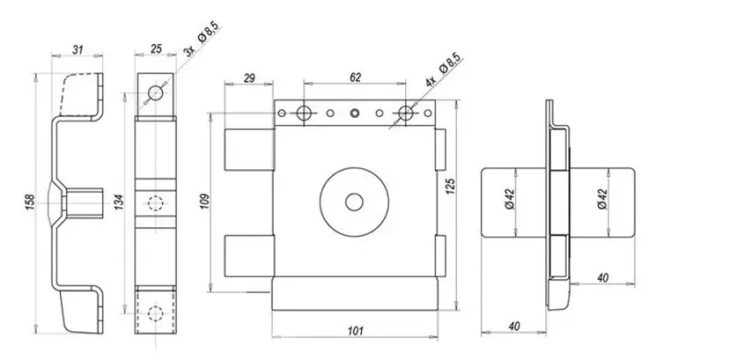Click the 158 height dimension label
point(30,202)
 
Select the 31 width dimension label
point(77,50)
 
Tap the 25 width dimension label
point(156,49)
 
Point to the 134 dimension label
point(119,202)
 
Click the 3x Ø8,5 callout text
point(202,40)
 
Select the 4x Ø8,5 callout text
point(443,70)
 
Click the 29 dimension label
point(249,78)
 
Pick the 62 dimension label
point(356,77)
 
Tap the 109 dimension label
point(205,201)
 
